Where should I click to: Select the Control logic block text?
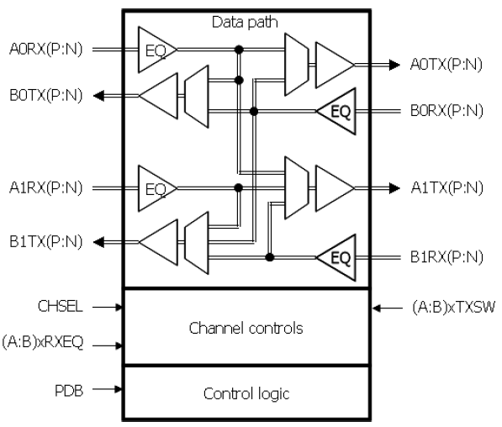245,393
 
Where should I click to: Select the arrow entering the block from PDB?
107,389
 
